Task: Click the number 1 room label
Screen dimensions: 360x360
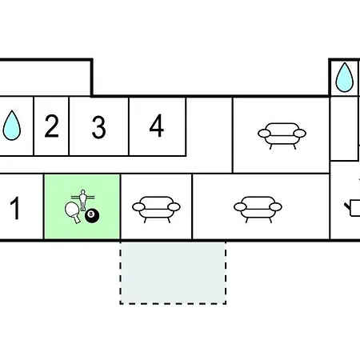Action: [x=15, y=208]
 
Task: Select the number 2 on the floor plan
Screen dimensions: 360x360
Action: [x=51, y=126]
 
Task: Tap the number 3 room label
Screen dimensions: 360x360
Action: [x=98, y=127]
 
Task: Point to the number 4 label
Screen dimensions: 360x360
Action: [x=157, y=126]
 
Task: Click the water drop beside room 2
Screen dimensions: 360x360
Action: [x=12, y=126]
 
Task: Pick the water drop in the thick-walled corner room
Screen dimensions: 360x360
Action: [x=345, y=78]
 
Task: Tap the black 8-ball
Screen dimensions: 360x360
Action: [x=92, y=216]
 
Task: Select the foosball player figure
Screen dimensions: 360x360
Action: [x=83, y=199]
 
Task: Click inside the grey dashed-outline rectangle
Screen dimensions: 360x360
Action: [x=173, y=273]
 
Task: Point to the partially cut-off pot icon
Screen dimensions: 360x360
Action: [x=353, y=208]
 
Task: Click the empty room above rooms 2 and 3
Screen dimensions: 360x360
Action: [x=45, y=78]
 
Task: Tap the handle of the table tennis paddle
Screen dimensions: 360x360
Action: [x=77, y=219]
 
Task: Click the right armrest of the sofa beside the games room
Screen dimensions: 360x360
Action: [x=174, y=206]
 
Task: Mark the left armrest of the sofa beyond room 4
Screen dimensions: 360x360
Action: [x=264, y=133]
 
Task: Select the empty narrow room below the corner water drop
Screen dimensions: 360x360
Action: [x=344, y=129]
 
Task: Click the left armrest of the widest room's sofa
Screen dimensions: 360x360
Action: [x=240, y=206]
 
